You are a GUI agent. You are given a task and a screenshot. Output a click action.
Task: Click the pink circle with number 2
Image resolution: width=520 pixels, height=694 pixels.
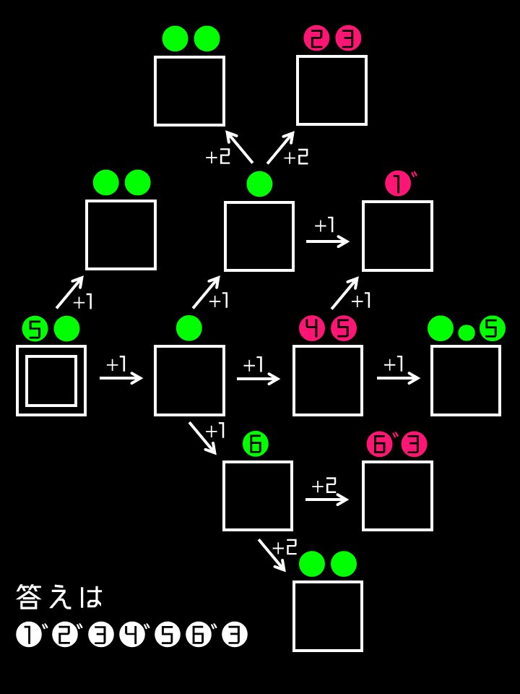click(316, 38)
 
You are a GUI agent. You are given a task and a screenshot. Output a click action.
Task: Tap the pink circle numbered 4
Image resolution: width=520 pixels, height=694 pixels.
click(312, 329)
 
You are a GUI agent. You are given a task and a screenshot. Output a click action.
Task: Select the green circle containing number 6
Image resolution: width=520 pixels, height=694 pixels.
click(255, 444)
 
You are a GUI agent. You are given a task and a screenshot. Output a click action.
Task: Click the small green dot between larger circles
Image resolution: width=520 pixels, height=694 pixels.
click(467, 333)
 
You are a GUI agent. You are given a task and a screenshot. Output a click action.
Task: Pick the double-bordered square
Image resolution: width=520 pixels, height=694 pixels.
click(51, 380)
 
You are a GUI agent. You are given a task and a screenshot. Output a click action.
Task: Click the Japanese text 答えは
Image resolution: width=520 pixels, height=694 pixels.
click(60, 597)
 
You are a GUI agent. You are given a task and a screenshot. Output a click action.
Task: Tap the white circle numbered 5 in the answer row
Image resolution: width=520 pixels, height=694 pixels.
click(167, 635)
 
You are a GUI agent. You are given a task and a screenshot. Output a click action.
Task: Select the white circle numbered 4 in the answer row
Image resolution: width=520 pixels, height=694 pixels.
click(132, 635)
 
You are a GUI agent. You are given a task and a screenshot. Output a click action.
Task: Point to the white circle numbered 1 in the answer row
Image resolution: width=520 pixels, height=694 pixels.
click(29, 635)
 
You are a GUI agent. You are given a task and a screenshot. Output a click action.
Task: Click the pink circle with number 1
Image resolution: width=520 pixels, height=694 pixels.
click(397, 184)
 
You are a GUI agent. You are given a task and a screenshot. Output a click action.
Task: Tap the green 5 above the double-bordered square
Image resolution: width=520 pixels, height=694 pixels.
click(35, 329)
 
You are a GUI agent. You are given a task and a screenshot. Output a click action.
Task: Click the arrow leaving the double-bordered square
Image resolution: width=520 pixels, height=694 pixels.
click(121, 377)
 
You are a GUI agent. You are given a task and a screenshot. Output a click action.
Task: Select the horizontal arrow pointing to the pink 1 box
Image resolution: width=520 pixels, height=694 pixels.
click(327, 241)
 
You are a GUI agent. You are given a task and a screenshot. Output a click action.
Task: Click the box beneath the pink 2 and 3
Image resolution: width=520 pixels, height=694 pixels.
click(331, 90)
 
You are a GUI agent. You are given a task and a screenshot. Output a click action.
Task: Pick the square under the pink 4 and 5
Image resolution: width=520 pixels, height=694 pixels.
click(328, 380)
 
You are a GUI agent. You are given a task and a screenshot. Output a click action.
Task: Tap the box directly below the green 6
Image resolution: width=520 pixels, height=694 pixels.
click(258, 496)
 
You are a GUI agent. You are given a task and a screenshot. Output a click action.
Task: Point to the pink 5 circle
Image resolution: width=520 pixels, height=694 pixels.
click(344, 329)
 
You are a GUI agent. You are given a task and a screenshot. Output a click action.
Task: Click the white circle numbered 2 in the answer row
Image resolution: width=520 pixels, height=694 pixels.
click(64, 635)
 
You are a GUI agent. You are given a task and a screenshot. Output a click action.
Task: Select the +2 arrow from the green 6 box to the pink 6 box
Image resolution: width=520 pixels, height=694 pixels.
click(326, 499)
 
